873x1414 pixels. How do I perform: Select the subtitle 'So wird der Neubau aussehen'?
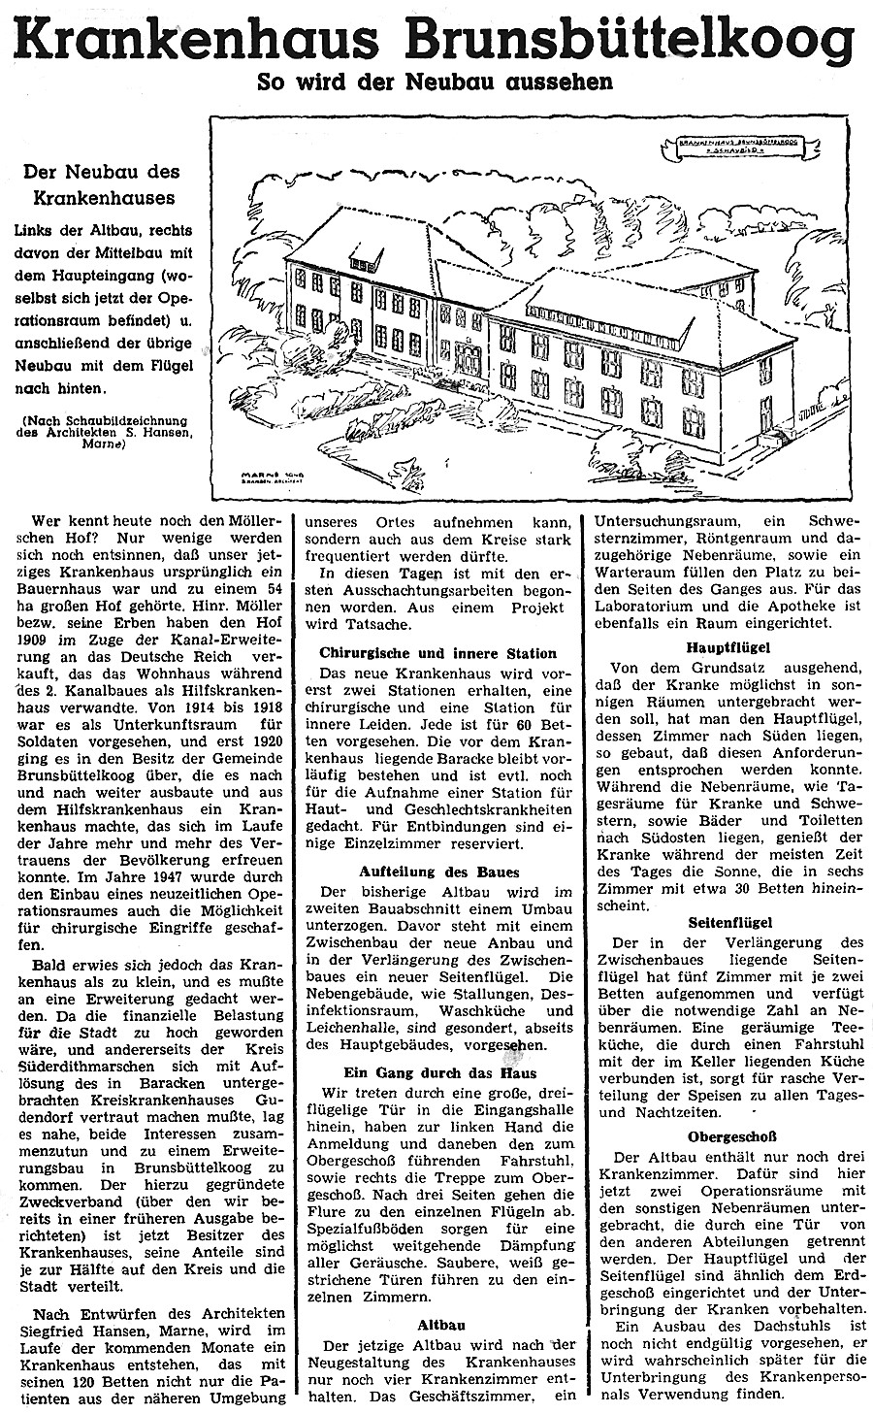435,82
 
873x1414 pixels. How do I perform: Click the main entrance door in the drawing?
464,350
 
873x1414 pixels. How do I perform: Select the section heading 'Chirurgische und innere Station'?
438,654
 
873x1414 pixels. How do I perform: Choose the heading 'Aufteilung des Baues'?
438,872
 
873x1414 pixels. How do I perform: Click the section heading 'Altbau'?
438,1322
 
